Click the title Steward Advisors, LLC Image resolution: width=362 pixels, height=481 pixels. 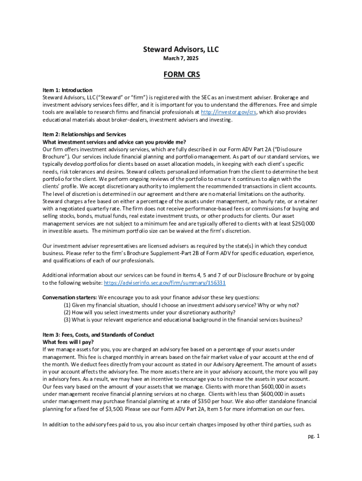coord(181,49)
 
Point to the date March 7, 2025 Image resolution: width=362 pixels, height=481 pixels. coord(181,59)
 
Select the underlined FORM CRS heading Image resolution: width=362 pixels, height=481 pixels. coord(181,75)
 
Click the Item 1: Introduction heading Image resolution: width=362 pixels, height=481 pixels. coord(67,90)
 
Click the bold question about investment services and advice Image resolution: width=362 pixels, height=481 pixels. coord(114,142)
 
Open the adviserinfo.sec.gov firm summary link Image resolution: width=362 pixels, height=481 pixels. coord(165,283)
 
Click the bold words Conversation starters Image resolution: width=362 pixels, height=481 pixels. coord(70,297)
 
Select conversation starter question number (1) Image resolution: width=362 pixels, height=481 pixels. coord(181,305)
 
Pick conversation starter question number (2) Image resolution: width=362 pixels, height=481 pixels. coord(150,312)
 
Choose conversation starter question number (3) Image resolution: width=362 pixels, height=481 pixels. coord(183,320)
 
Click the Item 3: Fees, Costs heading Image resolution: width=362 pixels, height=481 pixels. coord(98,334)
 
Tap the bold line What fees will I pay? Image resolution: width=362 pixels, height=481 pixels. coord(68,342)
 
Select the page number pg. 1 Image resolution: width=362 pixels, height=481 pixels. coord(314,436)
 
